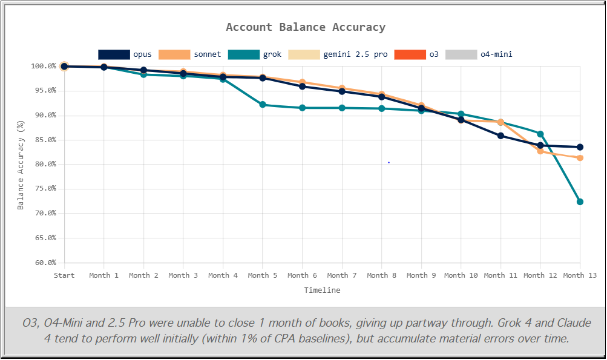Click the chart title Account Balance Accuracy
(x=305, y=27)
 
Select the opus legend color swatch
(x=114, y=54)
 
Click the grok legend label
(x=272, y=54)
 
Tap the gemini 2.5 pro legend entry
(x=355, y=54)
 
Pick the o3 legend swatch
(x=410, y=54)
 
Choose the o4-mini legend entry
(x=496, y=54)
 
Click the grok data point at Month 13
(x=580, y=201)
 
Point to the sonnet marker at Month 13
(x=580, y=158)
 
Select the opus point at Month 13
(x=580, y=147)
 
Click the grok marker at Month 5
(x=263, y=105)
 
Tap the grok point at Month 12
(x=540, y=134)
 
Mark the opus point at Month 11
(x=500, y=136)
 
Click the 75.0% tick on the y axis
(x=44, y=189)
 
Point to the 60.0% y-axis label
(x=44, y=263)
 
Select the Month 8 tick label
(x=381, y=275)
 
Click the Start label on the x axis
(x=64, y=275)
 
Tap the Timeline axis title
(x=322, y=290)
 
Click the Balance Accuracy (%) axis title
(x=21, y=165)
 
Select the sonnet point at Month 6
(x=302, y=82)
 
